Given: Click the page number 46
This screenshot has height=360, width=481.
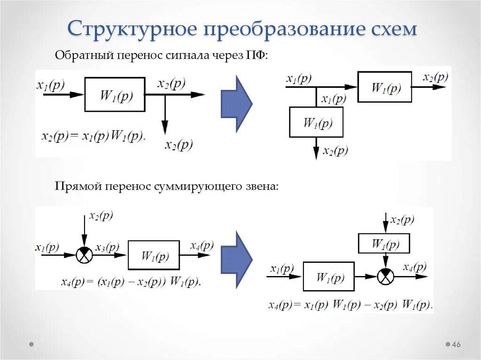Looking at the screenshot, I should coord(456,345).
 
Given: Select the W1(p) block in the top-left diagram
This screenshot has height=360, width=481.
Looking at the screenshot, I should coord(115,94).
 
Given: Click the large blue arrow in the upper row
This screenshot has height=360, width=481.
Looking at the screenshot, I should coord(237,103).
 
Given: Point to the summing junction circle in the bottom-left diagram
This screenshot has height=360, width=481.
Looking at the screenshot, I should coord(84,255).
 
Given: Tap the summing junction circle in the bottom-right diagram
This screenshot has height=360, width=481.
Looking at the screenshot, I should coord(386,276).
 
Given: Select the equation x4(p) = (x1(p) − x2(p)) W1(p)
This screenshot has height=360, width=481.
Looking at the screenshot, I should coord(131,282).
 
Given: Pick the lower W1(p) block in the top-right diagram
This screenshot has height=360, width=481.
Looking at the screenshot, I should coord(316,122).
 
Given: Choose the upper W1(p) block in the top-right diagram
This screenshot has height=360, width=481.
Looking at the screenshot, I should coord(385,87).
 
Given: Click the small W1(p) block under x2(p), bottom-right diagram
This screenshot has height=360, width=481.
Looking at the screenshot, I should coord(384,244).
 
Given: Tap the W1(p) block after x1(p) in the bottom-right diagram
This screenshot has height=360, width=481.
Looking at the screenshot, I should coord(328,276).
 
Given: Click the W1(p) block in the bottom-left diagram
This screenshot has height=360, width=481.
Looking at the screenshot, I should coord(154,255).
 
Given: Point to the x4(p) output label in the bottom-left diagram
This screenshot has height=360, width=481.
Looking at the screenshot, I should coord(202,245).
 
